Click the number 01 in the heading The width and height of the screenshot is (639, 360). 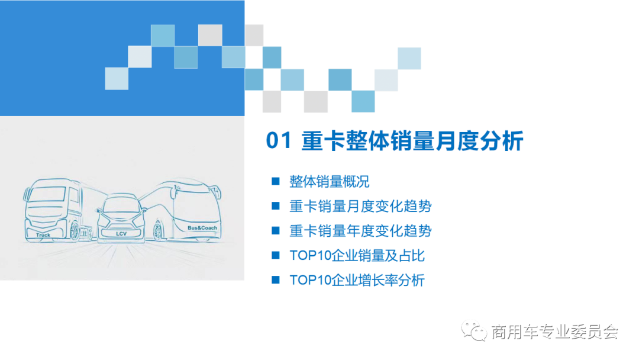279,142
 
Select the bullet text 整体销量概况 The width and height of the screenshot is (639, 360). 329,181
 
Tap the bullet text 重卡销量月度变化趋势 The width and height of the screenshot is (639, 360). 360,206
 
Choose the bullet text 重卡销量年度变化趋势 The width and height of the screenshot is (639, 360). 360,231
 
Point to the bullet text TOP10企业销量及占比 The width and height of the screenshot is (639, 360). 357,256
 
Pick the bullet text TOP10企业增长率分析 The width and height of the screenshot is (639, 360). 357,281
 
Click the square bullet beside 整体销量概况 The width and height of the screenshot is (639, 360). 275,181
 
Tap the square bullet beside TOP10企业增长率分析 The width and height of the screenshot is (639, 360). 275,280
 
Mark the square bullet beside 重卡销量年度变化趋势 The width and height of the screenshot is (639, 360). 275,230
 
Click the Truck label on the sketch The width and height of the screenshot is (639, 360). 43,235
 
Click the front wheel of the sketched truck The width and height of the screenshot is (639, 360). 75,230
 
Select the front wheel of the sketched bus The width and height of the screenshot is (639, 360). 158,231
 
